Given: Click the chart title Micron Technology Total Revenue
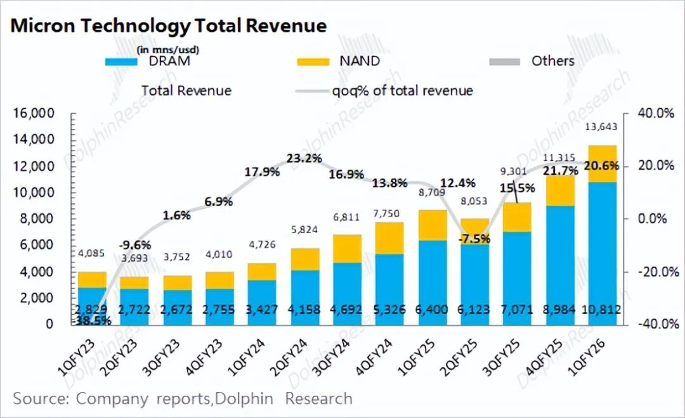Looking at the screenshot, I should (169, 25).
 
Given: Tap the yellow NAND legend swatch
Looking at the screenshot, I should (313, 62).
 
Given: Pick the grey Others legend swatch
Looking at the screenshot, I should (505, 62).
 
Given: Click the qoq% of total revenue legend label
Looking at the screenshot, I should (403, 90).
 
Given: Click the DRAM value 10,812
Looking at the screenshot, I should (601, 309).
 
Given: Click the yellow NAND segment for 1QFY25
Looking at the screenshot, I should (433, 225).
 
